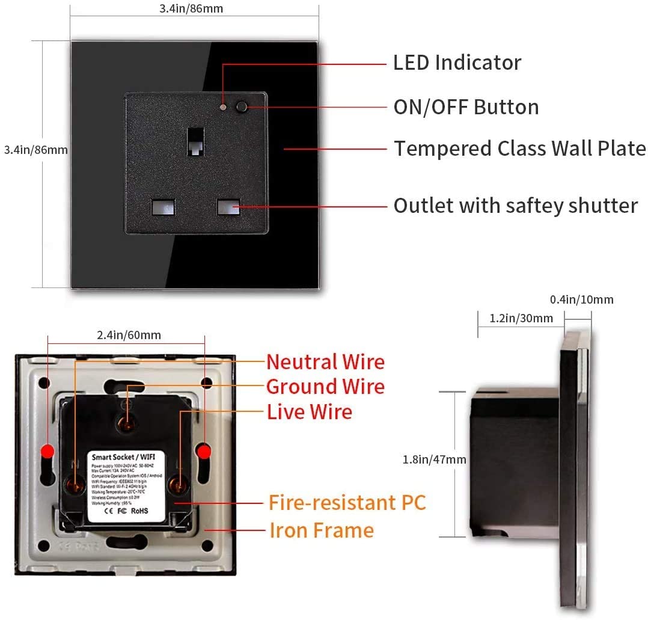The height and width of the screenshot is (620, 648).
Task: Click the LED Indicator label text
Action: point(457,63)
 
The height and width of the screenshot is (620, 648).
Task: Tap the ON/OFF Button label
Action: point(466,107)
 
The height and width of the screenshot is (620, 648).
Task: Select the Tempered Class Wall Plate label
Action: point(519,149)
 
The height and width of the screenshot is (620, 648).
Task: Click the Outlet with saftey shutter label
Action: point(515,206)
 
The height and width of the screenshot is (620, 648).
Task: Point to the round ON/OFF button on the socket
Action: point(242,108)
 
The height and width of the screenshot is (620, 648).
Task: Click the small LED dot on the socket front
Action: point(223,108)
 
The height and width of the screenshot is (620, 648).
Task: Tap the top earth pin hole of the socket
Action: point(196,142)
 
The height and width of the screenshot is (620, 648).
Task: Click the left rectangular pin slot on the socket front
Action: point(162,207)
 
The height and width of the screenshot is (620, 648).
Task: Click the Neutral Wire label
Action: point(325,362)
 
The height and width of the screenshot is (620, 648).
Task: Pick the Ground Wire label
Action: point(325,387)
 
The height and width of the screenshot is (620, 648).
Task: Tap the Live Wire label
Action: point(310,412)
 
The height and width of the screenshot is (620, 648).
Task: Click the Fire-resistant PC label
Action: point(347,502)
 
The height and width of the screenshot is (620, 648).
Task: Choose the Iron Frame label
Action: point(321,530)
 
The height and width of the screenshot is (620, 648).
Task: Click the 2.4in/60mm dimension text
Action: point(129,335)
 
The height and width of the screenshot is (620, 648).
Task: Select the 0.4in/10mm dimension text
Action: point(582,299)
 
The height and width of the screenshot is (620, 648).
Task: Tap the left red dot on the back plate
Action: point(48,451)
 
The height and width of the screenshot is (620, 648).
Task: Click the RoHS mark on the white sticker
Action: point(139,512)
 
